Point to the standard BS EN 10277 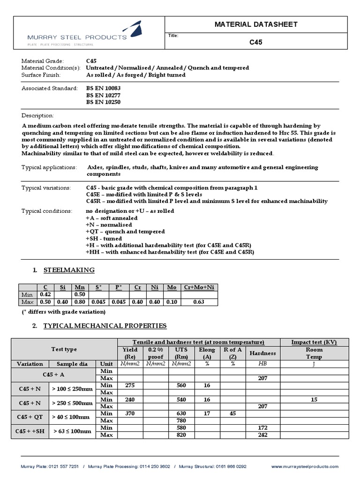(x=103, y=96)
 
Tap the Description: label (x=38, y=115)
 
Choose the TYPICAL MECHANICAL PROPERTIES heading (x=105, y=325)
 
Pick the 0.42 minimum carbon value (x=45, y=295)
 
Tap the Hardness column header (x=262, y=353)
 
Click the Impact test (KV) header (x=314, y=342)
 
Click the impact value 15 (x=314, y=399)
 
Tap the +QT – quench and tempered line (x=125, y=232)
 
